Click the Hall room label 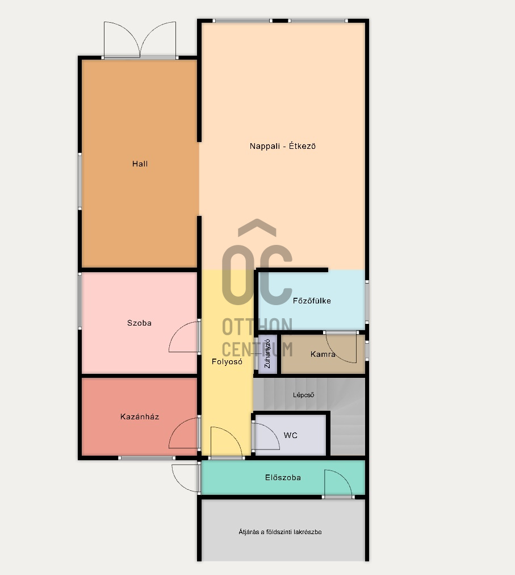[140, 164]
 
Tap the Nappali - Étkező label [283, 146]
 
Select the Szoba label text [139, 323]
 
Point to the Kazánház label [140, 416]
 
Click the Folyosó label [227, 361]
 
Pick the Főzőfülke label [312, 301]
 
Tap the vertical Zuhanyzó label [267, 353]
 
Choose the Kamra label [323, 354]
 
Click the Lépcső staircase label [304, 395]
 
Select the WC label [290, 435]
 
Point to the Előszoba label [283, 477]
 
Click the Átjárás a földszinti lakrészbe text [280, 532]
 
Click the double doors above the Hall [140, 40]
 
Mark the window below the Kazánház [146, 458]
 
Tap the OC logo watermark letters [257, 272]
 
